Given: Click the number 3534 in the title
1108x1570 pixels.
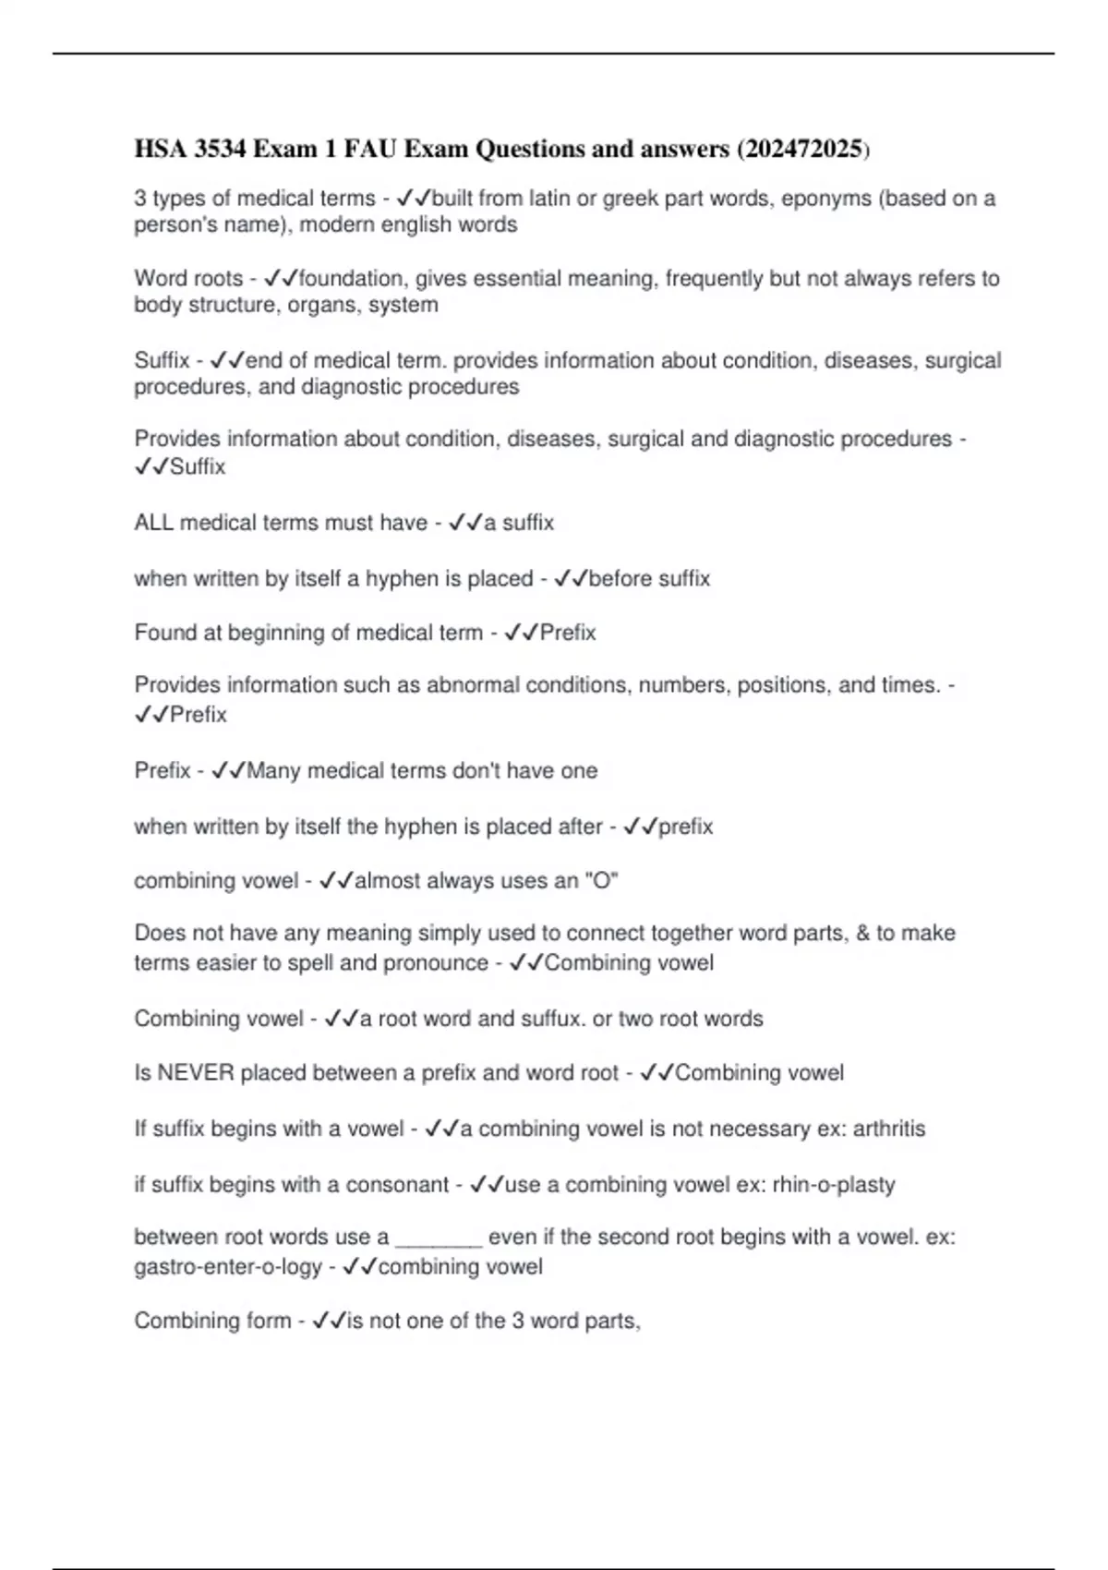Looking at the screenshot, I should (x=221, y=149).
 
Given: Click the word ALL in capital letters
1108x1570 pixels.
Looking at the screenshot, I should (x=153, y=523).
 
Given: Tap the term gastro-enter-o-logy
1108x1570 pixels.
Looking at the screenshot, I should (x=228, y=1266).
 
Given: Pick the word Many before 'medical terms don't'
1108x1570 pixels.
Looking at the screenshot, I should (x=273, y=771).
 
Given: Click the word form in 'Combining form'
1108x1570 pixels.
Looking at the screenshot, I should (x=270, y=1322).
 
